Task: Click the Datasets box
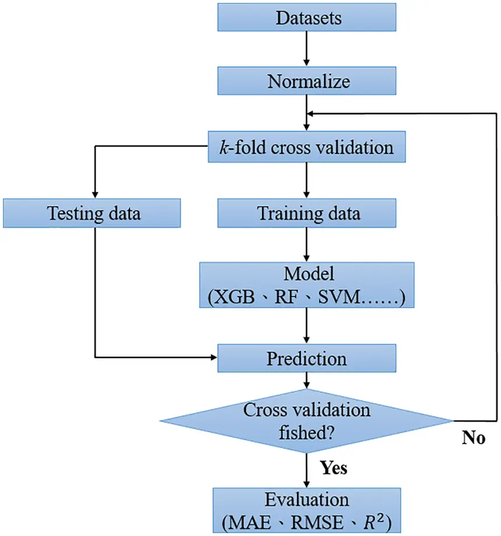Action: click(308, 18)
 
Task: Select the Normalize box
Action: click(308, 80)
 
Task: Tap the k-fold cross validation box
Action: click(308, 147)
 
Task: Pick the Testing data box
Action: click(94, 213)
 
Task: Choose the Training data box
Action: click(308, 213)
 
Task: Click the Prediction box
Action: click(308, 358)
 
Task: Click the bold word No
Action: click(474, 439)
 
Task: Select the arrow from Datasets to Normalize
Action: click(307, 49)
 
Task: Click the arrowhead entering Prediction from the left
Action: click(212, 358)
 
